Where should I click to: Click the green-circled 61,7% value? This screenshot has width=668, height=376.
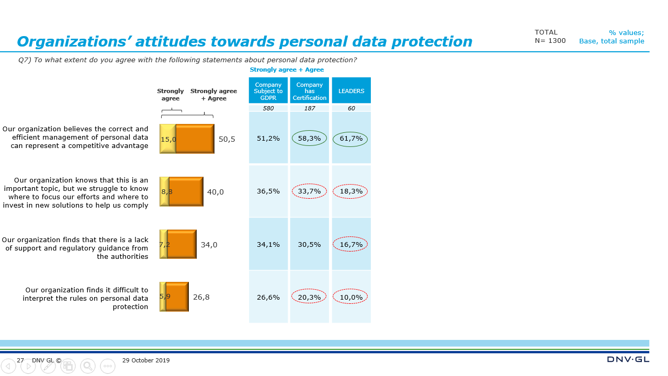pos(350,139)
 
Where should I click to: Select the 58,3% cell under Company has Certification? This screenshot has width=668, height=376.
pos(309,139)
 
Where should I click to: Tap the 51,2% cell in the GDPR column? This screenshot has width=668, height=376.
pos(268,139)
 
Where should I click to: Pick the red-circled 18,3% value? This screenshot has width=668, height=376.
pos(350,191)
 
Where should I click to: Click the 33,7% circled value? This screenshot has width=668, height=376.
pos(309,191)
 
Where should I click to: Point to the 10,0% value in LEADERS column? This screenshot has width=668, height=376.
pos(350,297)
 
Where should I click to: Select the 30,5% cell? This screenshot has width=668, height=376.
pos(309,244)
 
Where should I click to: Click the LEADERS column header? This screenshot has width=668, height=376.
pos(351,91)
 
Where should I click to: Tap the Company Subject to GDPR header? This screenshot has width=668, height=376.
pos(268,91)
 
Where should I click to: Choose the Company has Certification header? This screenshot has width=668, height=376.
pos(309,91)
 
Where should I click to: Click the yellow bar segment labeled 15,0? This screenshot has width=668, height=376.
pos(168,139)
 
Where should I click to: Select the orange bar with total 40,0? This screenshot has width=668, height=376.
pos(186,192)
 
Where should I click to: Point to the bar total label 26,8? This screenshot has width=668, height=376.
pos(201,297)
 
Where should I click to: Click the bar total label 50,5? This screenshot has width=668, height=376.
pos(227,139)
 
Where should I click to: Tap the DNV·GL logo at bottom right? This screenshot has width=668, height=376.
pos(628,359)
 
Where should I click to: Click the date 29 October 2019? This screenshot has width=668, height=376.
pos(146,360)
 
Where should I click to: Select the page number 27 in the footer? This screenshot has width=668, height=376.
pos(20,360)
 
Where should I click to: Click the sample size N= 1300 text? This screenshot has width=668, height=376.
pos(550,41)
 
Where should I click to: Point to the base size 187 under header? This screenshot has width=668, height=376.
pos(309,108)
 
